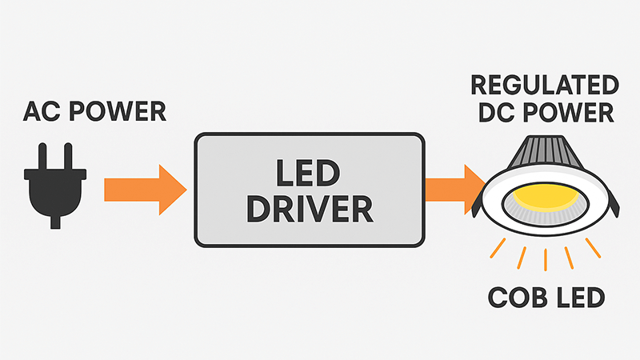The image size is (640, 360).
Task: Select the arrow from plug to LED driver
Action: pyautogui.click(x=144, y=189)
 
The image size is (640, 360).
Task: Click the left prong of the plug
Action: pyautogui.click(x=42, y=155)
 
